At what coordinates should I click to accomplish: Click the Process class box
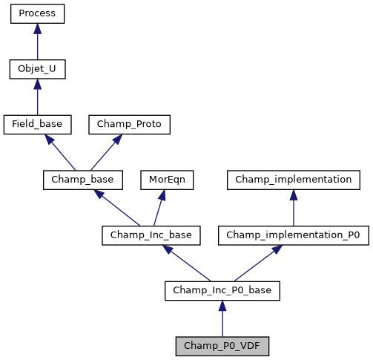click(37, 13)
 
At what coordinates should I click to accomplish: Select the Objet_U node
click(37, 69)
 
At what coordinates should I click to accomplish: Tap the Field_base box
click(37, 124)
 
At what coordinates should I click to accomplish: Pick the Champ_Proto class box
click(130, 124)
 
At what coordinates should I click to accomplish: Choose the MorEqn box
click(162, 180)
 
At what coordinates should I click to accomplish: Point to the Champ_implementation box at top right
click(294, 180)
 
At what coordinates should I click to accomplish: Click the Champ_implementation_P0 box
click(294, 235)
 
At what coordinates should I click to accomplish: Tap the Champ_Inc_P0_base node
click(222, 290)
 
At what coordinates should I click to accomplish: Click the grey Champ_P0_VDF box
click(222, 346)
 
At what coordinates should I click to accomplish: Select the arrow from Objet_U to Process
click(37, 42)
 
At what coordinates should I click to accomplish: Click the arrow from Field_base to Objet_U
click(37, 97)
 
